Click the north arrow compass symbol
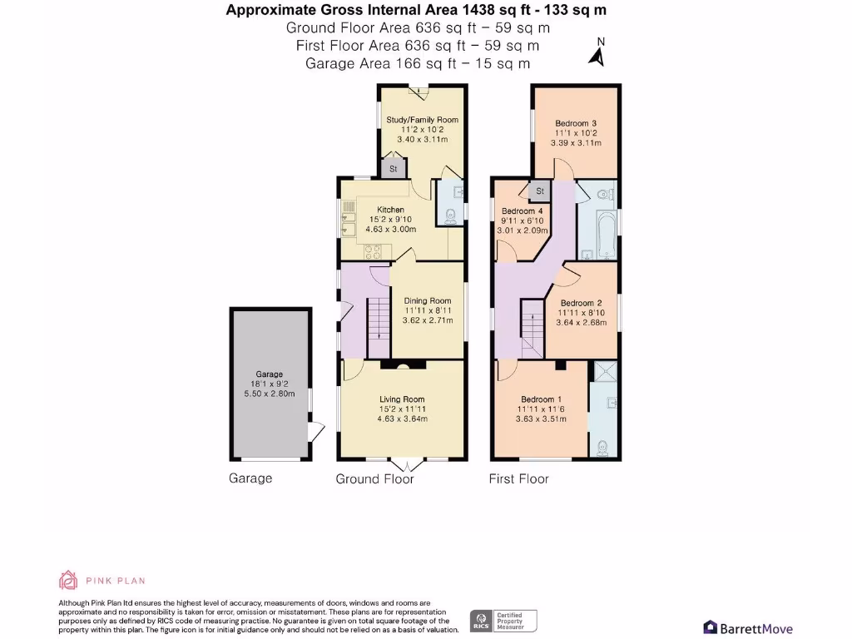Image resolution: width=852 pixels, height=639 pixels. [x=596, y=54]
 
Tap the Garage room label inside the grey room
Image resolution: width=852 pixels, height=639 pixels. [x=269, y=374]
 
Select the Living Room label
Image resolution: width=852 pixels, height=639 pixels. [x=401, y=399]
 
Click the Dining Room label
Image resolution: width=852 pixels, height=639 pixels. [x=428, y=300]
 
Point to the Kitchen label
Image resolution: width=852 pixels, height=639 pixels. [x=390, y=210]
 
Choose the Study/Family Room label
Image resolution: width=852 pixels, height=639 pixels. [x=422, y=120]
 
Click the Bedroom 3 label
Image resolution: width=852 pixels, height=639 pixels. [x=576, y=124]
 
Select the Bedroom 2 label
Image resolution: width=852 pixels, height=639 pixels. [x=581, y=303]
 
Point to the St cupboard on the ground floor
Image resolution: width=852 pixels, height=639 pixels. [x=393, y=169]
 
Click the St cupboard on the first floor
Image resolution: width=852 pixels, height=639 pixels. [x=539, y=191]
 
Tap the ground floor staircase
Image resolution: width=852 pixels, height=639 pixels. [x=379, y=321]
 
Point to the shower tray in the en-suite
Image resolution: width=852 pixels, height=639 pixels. [x=603, y=372]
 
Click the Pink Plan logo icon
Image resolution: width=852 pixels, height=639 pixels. [x=67, y=580]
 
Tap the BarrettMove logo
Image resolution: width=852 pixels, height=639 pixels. [x=747, y=628]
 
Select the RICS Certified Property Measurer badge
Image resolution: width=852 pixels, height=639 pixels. [x=504, y=620]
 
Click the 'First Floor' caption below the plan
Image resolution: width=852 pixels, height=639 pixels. [x=518, y=478]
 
